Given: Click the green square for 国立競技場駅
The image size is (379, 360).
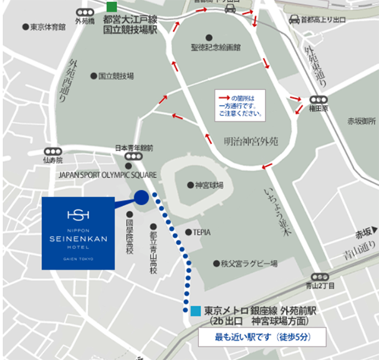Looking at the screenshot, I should pos(111,7).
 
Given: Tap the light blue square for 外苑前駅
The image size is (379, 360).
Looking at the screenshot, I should pos(196,310).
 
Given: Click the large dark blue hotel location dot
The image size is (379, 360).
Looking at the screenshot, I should pos(142,198).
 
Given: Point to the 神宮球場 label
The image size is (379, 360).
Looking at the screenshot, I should pos(209,185).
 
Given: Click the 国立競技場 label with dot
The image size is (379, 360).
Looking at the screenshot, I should pos(116,76).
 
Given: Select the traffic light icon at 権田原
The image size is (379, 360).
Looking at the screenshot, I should pos(319,99).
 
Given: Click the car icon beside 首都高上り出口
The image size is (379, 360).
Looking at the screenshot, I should pos(294,19).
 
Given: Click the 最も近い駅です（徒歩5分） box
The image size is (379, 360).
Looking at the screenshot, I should pos(262,338).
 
